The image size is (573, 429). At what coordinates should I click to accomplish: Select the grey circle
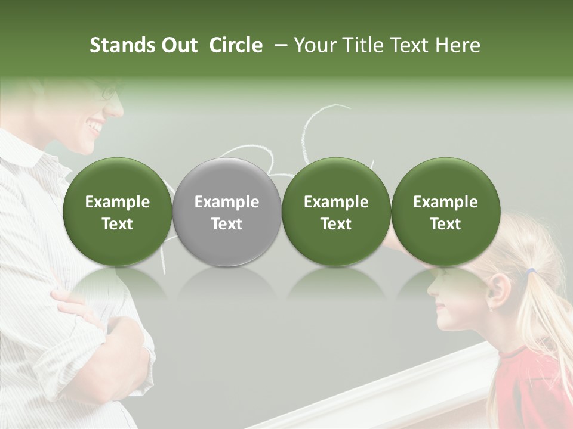pos(227,212)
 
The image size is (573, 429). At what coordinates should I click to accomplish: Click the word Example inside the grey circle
pos(227,202)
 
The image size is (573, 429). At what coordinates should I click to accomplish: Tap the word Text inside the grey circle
pos(227,224)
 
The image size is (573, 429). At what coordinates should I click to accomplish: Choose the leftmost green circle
pos(118,212)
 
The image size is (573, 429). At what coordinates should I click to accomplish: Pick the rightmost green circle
pos(446,212)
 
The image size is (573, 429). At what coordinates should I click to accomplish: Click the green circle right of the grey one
pos(336,212)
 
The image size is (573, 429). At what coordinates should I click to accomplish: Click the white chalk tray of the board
pos(382,393)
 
